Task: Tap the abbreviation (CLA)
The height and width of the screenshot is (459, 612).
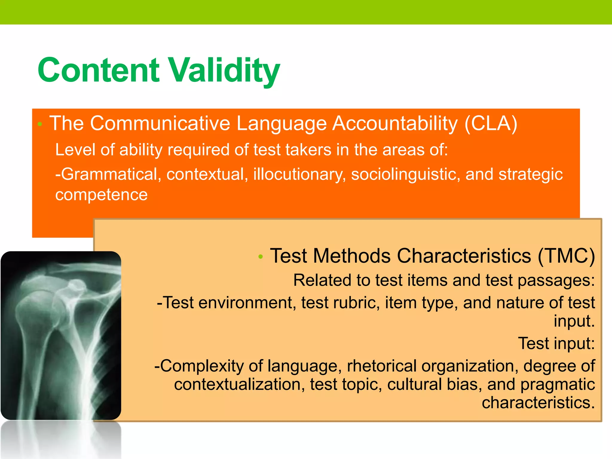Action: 491,123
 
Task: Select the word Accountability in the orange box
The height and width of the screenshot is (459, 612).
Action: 395,123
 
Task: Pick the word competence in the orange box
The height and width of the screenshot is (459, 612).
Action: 102,195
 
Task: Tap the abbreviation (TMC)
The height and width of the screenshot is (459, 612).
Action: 566,256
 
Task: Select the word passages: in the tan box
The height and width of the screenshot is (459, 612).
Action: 556,281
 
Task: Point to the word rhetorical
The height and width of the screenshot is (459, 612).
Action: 381,366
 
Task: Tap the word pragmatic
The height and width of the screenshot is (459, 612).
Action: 558,385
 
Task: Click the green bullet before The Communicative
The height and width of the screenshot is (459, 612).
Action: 40,124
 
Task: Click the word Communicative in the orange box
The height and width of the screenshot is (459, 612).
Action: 160,123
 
